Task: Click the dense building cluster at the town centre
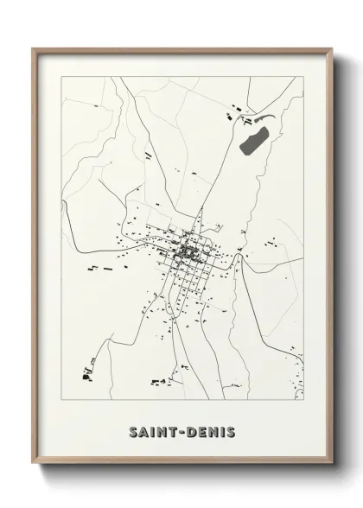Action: [188, 252]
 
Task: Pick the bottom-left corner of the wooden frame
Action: [33, 467]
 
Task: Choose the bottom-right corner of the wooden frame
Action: [334, 467]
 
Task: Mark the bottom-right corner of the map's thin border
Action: [304, 400]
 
